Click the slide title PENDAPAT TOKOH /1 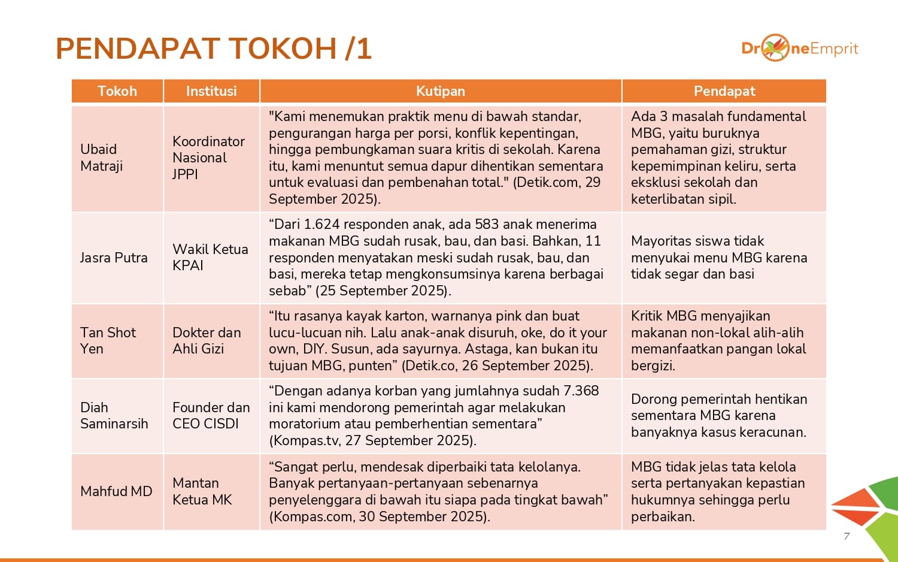(214, 49)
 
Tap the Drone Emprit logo (799, 48)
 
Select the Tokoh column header (117, 91)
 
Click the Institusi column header (211, 91)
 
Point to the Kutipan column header (441, 91)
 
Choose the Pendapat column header (724, 91)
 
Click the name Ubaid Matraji (102, 158)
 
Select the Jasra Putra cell (114, 258)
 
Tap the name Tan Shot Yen (108, 340)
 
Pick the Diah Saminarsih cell (114, 415)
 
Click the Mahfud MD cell (116, 491)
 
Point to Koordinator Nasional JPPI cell (208, 158)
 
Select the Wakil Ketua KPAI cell (210, 257)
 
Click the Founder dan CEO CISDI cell (211, 415)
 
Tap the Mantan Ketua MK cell (202, 491)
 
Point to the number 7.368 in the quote (581, 391)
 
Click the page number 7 (847, 536)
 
